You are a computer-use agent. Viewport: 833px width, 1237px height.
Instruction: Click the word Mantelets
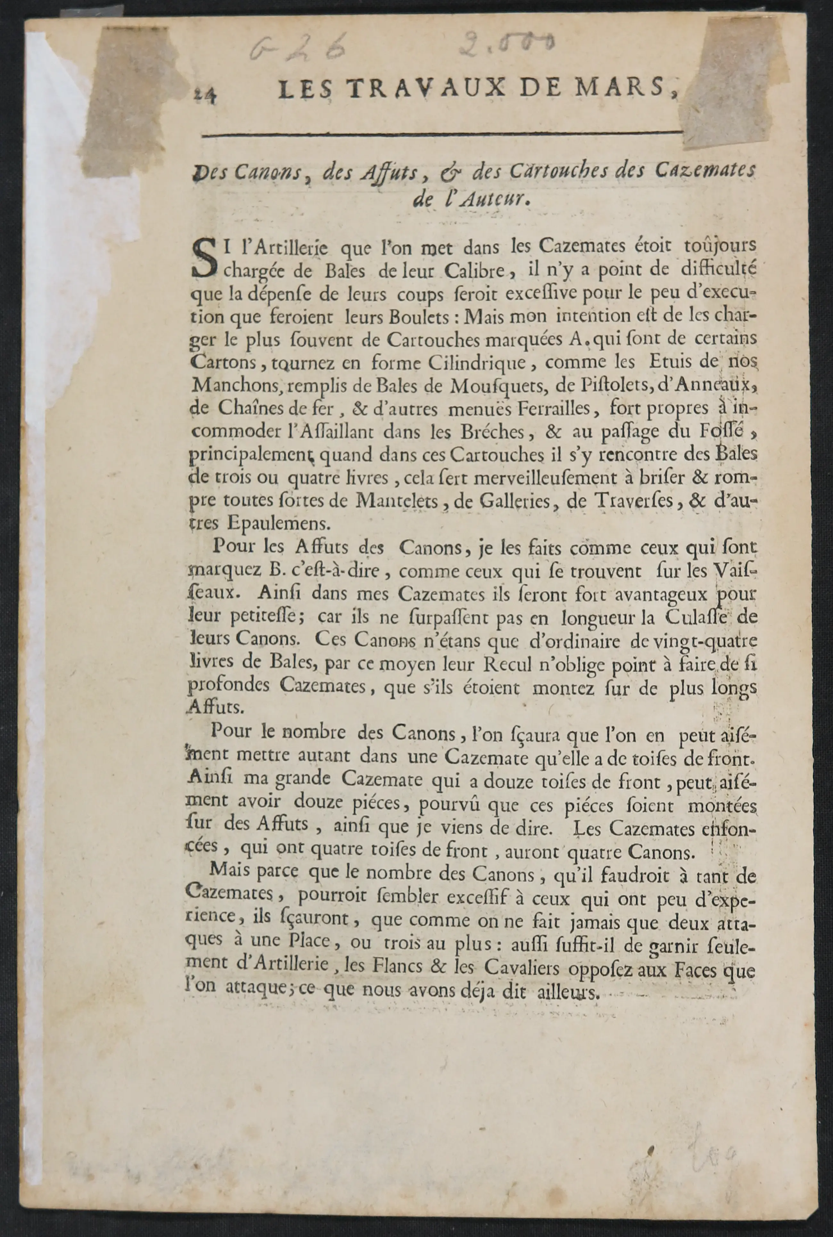click(397, 500)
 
